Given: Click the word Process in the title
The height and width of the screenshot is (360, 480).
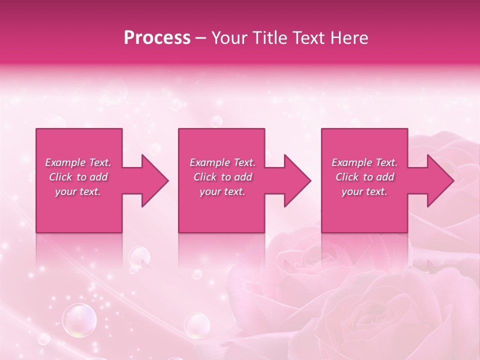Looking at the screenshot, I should click(157, 38).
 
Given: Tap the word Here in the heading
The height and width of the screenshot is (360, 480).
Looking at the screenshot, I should click(349, 38).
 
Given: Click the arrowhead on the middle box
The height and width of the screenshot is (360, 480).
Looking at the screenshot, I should click(297, 180).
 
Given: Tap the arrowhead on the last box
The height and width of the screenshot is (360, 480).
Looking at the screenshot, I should click(440, 180).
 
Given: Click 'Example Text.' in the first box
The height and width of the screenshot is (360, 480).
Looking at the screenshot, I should click(78, 162).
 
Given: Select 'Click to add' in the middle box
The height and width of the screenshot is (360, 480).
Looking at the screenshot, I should click(222, 177).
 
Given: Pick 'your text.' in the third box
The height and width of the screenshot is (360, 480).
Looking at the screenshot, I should click(364, 191).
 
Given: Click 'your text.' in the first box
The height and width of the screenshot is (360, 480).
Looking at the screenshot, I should click(78, 191).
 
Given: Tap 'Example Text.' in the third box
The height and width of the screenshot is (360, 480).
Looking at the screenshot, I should click(364, 162).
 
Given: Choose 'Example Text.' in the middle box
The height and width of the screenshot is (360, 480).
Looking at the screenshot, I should click(222, 162).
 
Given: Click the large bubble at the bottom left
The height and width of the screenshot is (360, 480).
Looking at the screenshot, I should click(79, 319).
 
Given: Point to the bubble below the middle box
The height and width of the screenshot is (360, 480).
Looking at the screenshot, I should click(197, 325).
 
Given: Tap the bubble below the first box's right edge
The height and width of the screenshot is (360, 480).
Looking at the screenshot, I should click(138, 257).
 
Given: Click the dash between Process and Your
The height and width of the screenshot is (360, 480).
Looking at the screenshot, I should click(201, 38).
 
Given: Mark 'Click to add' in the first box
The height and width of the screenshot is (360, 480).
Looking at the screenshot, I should click(78, 177).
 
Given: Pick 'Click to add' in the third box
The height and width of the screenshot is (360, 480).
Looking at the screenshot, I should click(364, 177).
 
